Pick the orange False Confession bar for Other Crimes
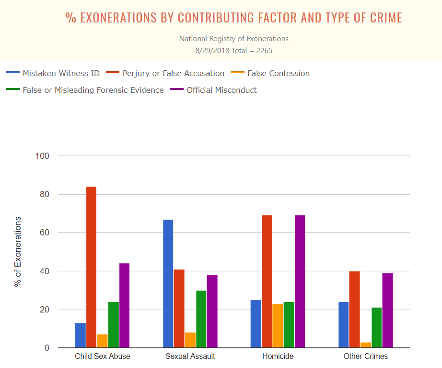(x=366, y=345)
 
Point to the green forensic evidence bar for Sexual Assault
(x=201, y=319)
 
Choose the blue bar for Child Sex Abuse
(x=80, y=335)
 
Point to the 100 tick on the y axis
(x=43, y=156)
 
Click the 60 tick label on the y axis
(x=44, y=233)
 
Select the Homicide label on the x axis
(x=278, y=357)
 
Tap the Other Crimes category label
(x=365, y=357)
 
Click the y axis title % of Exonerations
(x=18, y=252)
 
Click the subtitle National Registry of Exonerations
(x=234, y=38)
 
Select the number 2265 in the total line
(x=263, y=50)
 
